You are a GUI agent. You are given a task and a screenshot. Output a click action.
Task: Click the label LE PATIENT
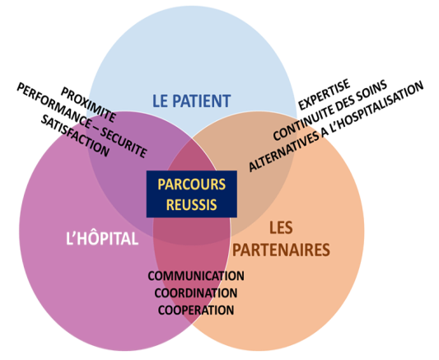tap(192, 101)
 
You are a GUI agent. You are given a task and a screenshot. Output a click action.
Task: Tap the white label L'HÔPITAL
tap(102, 239)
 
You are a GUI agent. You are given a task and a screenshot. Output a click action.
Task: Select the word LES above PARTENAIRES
tap(281, 227)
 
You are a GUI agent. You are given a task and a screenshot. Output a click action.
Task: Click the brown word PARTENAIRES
tap(281, 250)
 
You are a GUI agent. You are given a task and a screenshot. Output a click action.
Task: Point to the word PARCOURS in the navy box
tap(192, 185)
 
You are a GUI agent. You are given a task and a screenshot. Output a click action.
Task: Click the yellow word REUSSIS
tap(192, 204)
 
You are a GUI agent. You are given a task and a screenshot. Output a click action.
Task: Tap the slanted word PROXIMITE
tap(88, 105)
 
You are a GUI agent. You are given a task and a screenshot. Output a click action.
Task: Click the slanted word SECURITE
tap(124, 143)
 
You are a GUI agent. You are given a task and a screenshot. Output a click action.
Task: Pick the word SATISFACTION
tap(75, 135)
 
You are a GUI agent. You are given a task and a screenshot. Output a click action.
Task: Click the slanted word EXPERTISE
tap(324, 95)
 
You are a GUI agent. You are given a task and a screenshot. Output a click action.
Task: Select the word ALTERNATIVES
tap(284, 151)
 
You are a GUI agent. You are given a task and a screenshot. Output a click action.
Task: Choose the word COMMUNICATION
tap(196, 276)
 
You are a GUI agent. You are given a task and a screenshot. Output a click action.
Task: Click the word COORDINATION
tap(196, 293)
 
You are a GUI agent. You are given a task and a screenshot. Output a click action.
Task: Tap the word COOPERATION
tap(196, 311)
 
